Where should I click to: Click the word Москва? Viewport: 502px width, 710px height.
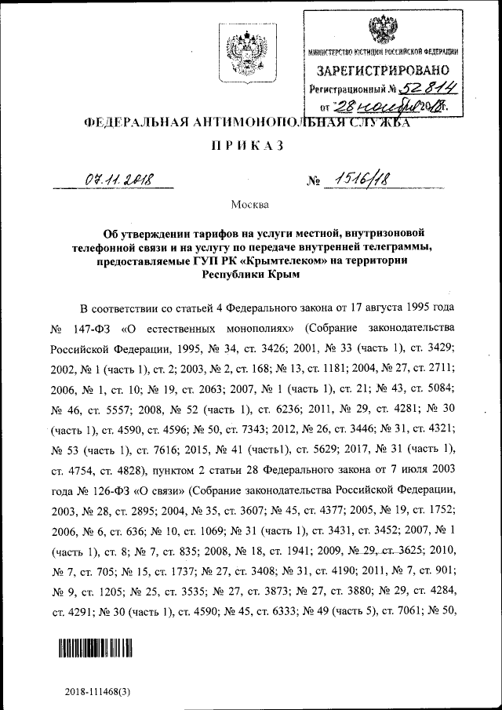pos(250,206)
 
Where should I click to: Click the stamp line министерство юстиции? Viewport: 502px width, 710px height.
pos(382,51)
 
